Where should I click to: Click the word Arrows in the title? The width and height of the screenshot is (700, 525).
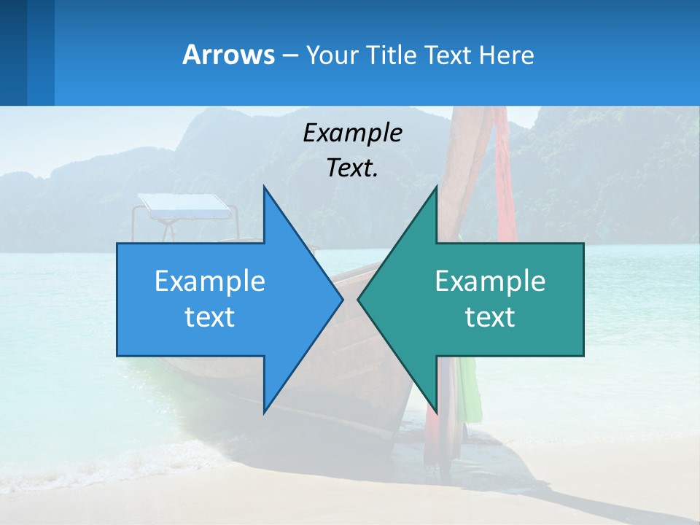click(227, 55)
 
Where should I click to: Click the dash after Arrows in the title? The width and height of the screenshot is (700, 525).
click(289, 56)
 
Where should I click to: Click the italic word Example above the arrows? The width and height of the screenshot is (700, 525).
click(352, 133)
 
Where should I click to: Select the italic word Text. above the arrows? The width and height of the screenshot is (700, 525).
click(352, 168)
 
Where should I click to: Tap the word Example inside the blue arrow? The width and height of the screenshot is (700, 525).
click(210, 281)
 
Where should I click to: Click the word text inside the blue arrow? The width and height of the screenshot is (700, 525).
click(210, 317)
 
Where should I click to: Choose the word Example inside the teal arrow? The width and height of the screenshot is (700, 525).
click(490, 281)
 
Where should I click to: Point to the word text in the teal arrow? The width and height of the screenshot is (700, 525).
click(490, 317)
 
